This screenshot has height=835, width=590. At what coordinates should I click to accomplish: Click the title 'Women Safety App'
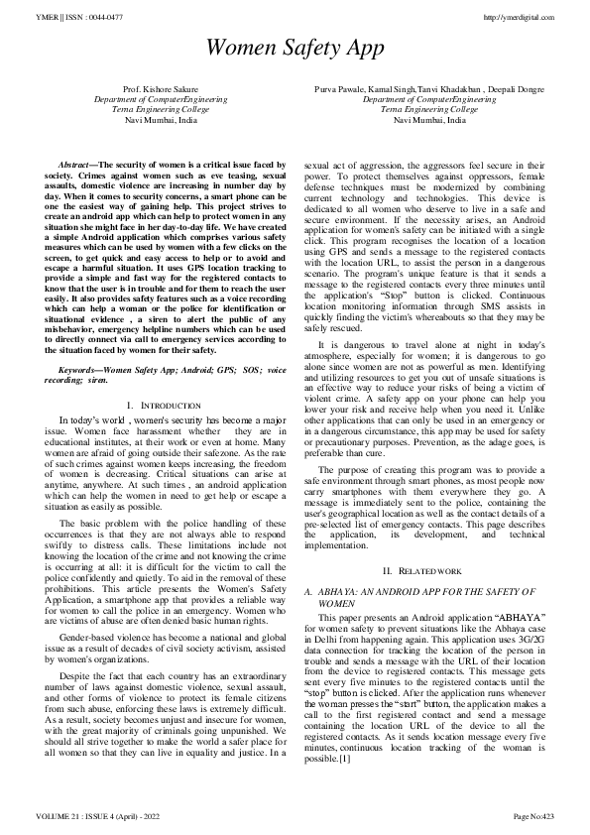tap(295, 48)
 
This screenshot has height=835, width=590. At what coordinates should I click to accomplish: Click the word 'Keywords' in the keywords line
tap(79, 369)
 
